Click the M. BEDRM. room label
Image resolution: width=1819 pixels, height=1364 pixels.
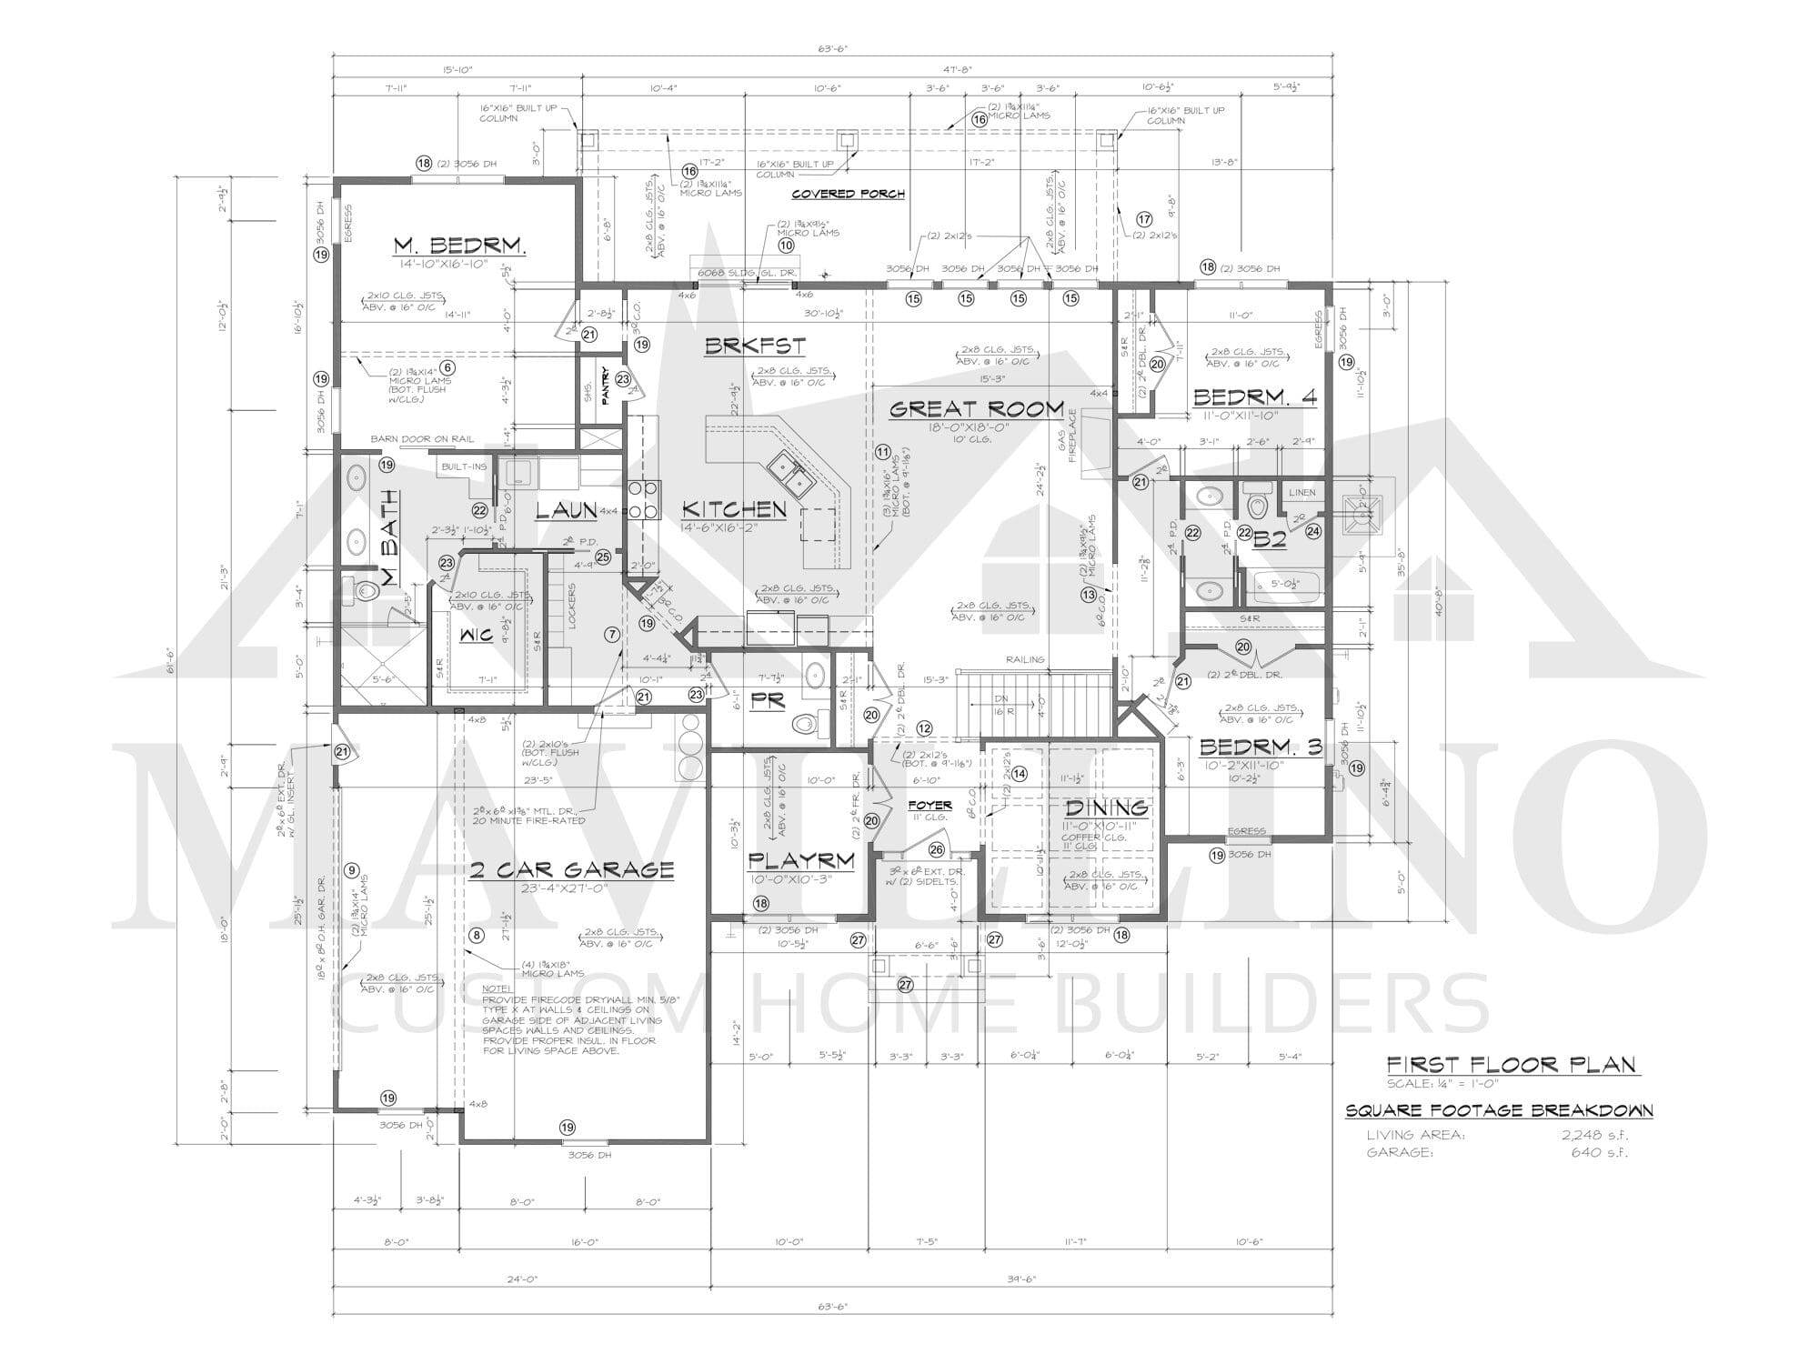coord(460,246)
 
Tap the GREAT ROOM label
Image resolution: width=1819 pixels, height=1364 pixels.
coord(976,409)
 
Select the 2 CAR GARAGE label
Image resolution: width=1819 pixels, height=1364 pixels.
coord(572,870)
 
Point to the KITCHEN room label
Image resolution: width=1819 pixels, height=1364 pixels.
coord(734,509)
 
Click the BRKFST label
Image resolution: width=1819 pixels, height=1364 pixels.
coord(755,346)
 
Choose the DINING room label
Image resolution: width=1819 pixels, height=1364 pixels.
coord(1106,807)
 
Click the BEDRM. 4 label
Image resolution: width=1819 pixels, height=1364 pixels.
coord(1254,397)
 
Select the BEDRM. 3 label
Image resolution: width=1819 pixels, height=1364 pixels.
coord(1261,747)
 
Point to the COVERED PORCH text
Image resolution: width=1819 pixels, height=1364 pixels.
coord(848,194)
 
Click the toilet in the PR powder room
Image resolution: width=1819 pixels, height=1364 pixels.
coord(804,725)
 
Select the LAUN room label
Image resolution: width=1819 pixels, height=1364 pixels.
coord(565,511)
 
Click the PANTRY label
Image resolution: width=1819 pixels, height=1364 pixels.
coord(604,381)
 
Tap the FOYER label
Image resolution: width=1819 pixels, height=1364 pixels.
coord(930,805)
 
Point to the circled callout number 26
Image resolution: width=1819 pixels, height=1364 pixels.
coord(937,849)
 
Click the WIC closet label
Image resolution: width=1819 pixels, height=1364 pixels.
coord(476,635)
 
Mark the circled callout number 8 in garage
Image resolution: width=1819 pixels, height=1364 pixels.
coord(475,935)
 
